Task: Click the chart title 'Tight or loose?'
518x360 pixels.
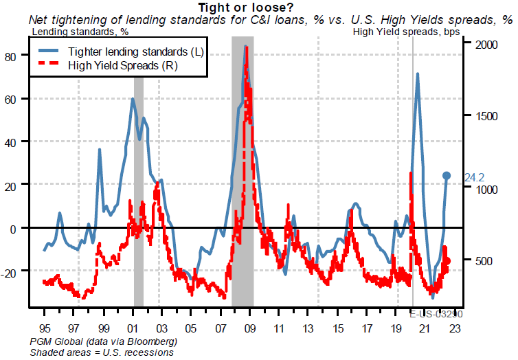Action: (258, 8)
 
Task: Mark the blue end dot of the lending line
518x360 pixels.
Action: (447, 176)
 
